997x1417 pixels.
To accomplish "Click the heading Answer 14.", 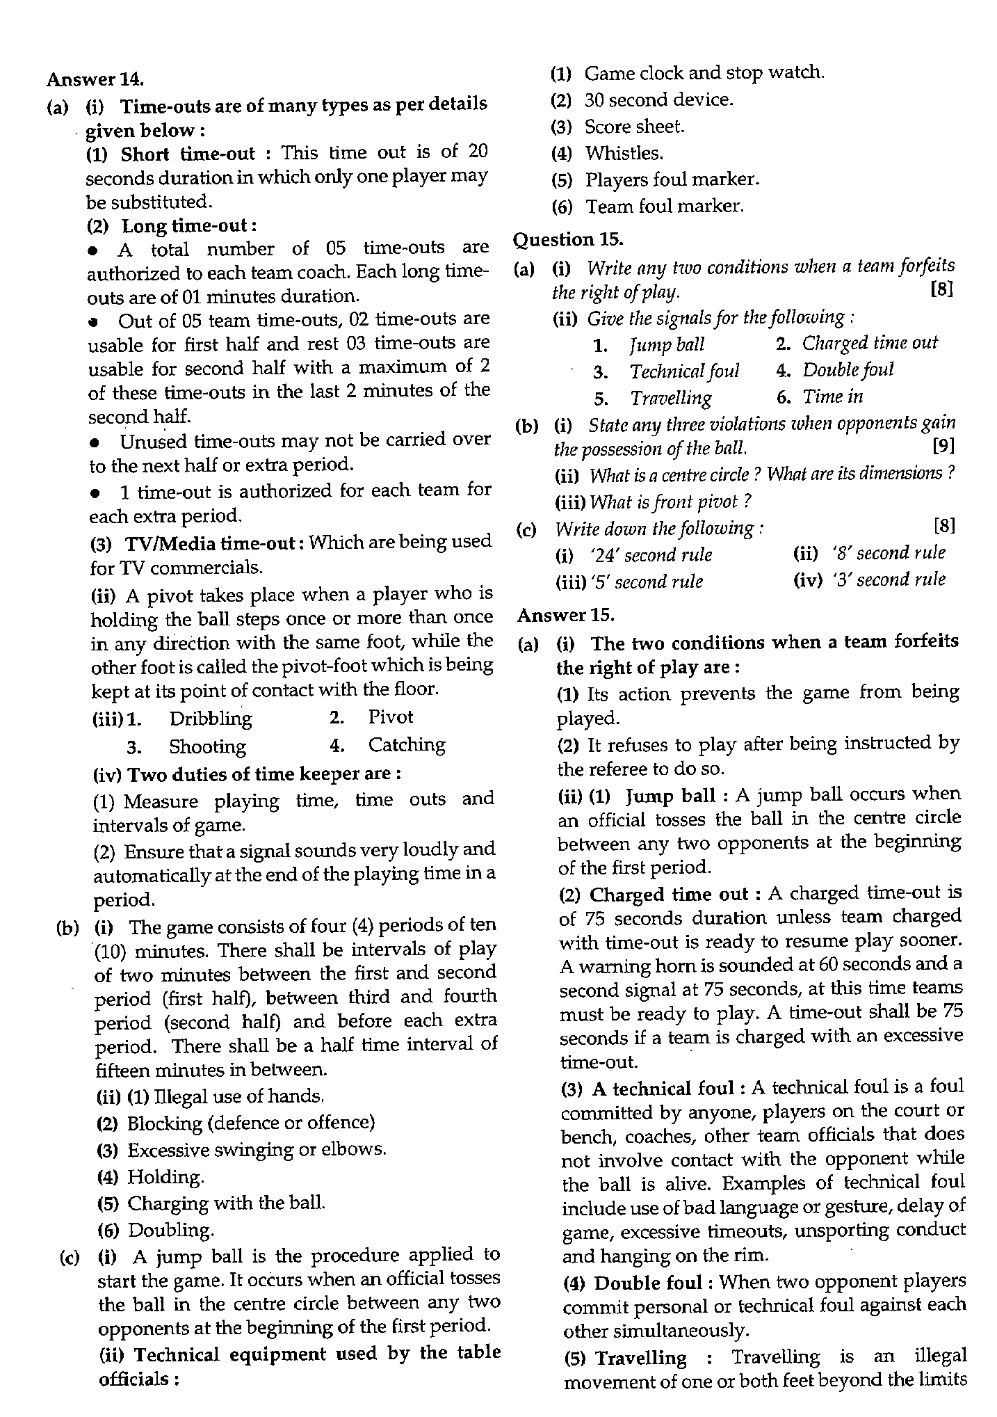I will click(95, 79).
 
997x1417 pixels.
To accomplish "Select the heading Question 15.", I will click(567, 239).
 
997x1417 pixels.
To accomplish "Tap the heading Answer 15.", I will click(565, 615).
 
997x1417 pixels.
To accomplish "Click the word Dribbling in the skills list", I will click(210, 718).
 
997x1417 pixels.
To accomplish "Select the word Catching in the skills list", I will click(407, 745).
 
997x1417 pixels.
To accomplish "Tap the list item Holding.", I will click(165, 1176).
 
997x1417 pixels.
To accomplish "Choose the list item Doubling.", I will click(170, 1230).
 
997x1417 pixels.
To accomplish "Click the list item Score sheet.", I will click(633, 127).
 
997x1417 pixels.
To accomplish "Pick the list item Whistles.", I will click(624, 153).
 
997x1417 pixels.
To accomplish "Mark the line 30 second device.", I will click(658, 100).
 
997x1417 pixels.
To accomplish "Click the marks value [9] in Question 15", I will click(943, 446).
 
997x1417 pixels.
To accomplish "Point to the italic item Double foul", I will click(847, 370).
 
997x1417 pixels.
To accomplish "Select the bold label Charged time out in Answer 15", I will click(668, 894).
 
